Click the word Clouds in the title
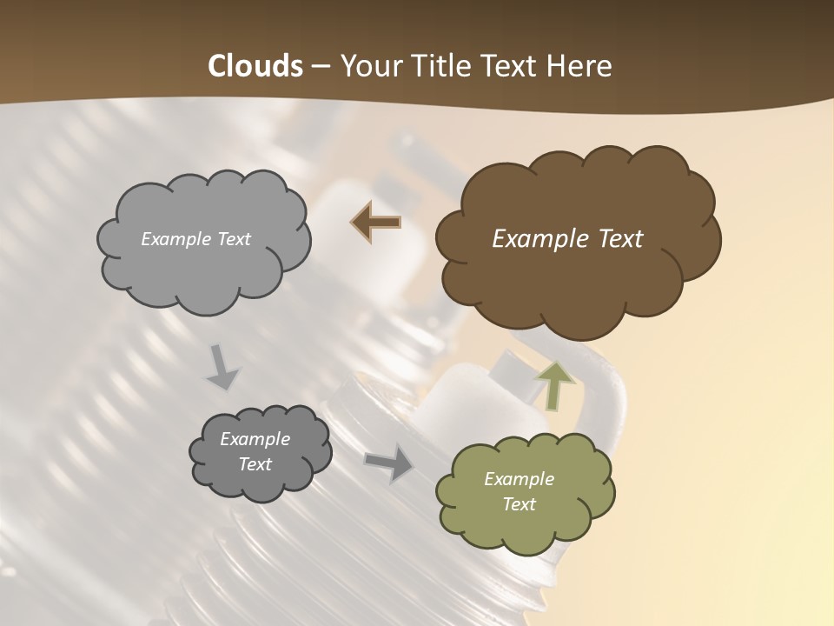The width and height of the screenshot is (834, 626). point(255,66)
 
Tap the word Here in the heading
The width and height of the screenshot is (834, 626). point(579,66)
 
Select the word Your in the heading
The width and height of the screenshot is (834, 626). point(372,66)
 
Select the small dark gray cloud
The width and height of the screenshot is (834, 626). point(261,483)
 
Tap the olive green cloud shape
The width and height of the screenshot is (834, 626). point(525,530)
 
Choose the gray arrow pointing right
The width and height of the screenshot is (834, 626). point(388,463)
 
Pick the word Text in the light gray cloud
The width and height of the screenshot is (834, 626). point(233,239)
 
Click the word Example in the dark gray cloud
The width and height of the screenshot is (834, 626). point(255,439)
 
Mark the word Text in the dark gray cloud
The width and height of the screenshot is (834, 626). point(255,464)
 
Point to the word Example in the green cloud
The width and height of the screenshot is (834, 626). point(519,479)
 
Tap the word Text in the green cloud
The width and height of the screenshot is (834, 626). point(519,504)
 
